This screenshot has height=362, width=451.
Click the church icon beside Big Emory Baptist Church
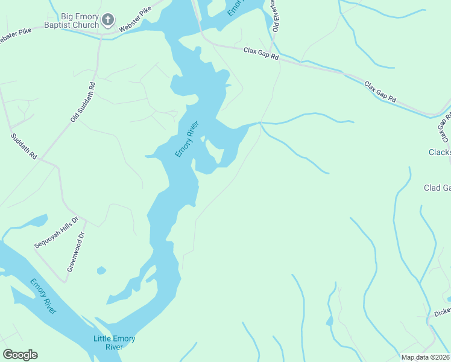click(x=108, y=20)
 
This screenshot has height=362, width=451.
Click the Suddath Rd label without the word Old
click(x=24, y=147)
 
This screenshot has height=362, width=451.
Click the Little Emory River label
click(x=114, y=343)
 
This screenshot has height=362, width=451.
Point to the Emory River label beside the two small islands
click(x=187, y=139)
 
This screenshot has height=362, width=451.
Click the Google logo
click(x=20, y=355)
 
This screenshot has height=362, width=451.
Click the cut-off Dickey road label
click(x=442, y=313)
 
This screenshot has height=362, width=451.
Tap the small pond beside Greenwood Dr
click(x=101, y=270)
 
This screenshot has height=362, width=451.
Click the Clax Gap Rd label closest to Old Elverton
click(x=261, y=54)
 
